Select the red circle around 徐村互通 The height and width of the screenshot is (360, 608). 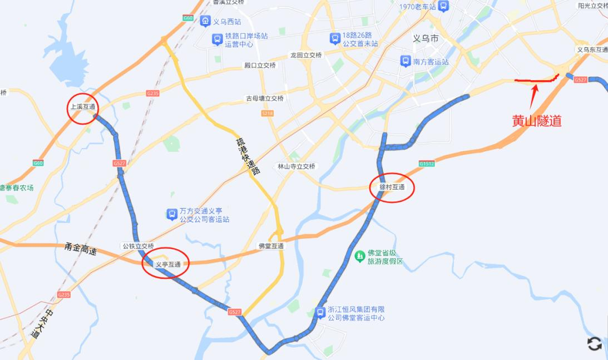click(x=392, y=188)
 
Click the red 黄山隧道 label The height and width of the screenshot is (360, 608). click(x=537, y=121)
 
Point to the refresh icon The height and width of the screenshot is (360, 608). click(x=594, y=344)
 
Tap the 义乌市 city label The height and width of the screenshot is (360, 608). click(x=426, y=39)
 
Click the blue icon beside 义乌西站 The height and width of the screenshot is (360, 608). click(x=205, y=22)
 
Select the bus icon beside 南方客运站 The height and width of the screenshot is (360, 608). click(x=406, y=62)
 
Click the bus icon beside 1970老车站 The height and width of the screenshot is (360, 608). click(x=443, y=6)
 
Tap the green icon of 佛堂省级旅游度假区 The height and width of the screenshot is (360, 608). click(x=359, y=255)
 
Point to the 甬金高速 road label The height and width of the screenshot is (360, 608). click(x=81, y=249)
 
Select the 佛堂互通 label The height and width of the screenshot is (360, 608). click(x=271, y=246)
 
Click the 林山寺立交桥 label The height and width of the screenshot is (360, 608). click(x=296, y=166)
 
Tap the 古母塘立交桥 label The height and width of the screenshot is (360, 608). click(x=265, y=98)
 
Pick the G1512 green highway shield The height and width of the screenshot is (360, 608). click(x=427, y=164)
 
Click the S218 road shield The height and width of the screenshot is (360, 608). click(x=268, y=114)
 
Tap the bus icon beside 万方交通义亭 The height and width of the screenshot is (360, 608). click(x=172, y=214)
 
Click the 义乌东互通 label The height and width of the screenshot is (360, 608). click(x=592, y=50)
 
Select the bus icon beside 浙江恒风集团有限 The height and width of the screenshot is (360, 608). click(x=320, y=313)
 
